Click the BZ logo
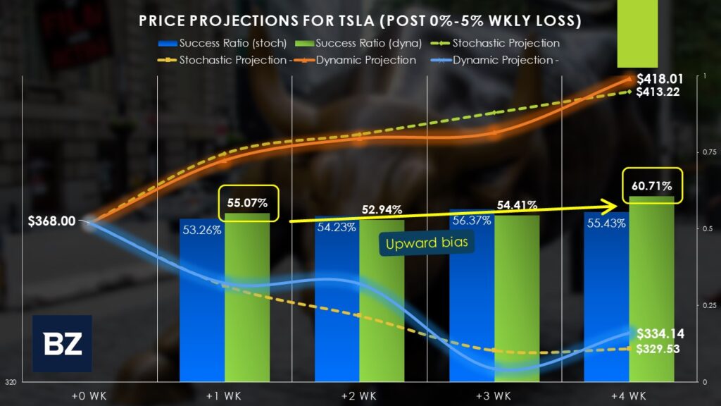(62, 343)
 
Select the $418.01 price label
(658, 79)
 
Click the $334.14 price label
(660, 334)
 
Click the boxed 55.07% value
(247, 203)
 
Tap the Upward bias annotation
(427, 244)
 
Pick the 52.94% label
(382, 209)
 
